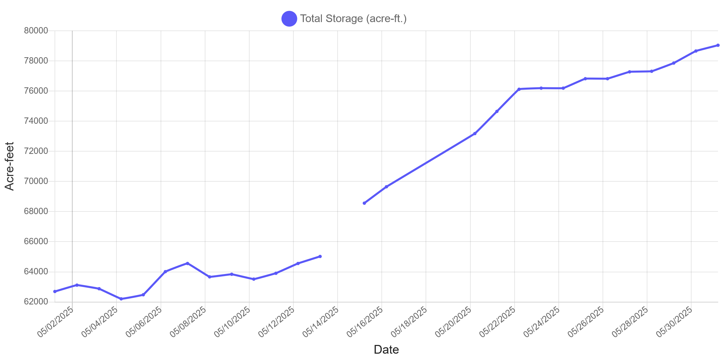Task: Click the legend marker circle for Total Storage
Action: pos(289,18)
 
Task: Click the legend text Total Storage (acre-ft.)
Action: pos(353,18)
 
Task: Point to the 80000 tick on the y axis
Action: pos(36,30)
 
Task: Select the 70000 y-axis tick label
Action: pos(36,181)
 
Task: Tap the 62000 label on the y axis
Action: pos(36,301)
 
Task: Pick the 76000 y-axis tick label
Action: pos(36,91)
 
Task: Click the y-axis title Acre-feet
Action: pos(9,166)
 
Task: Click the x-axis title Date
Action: pos(386,350)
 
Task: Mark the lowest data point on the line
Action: pos(121,299)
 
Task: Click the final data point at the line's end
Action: pos(718,45)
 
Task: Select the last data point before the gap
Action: pos(320,256)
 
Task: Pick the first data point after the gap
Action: pos(364,203)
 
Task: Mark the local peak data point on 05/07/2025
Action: pos(188,263)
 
